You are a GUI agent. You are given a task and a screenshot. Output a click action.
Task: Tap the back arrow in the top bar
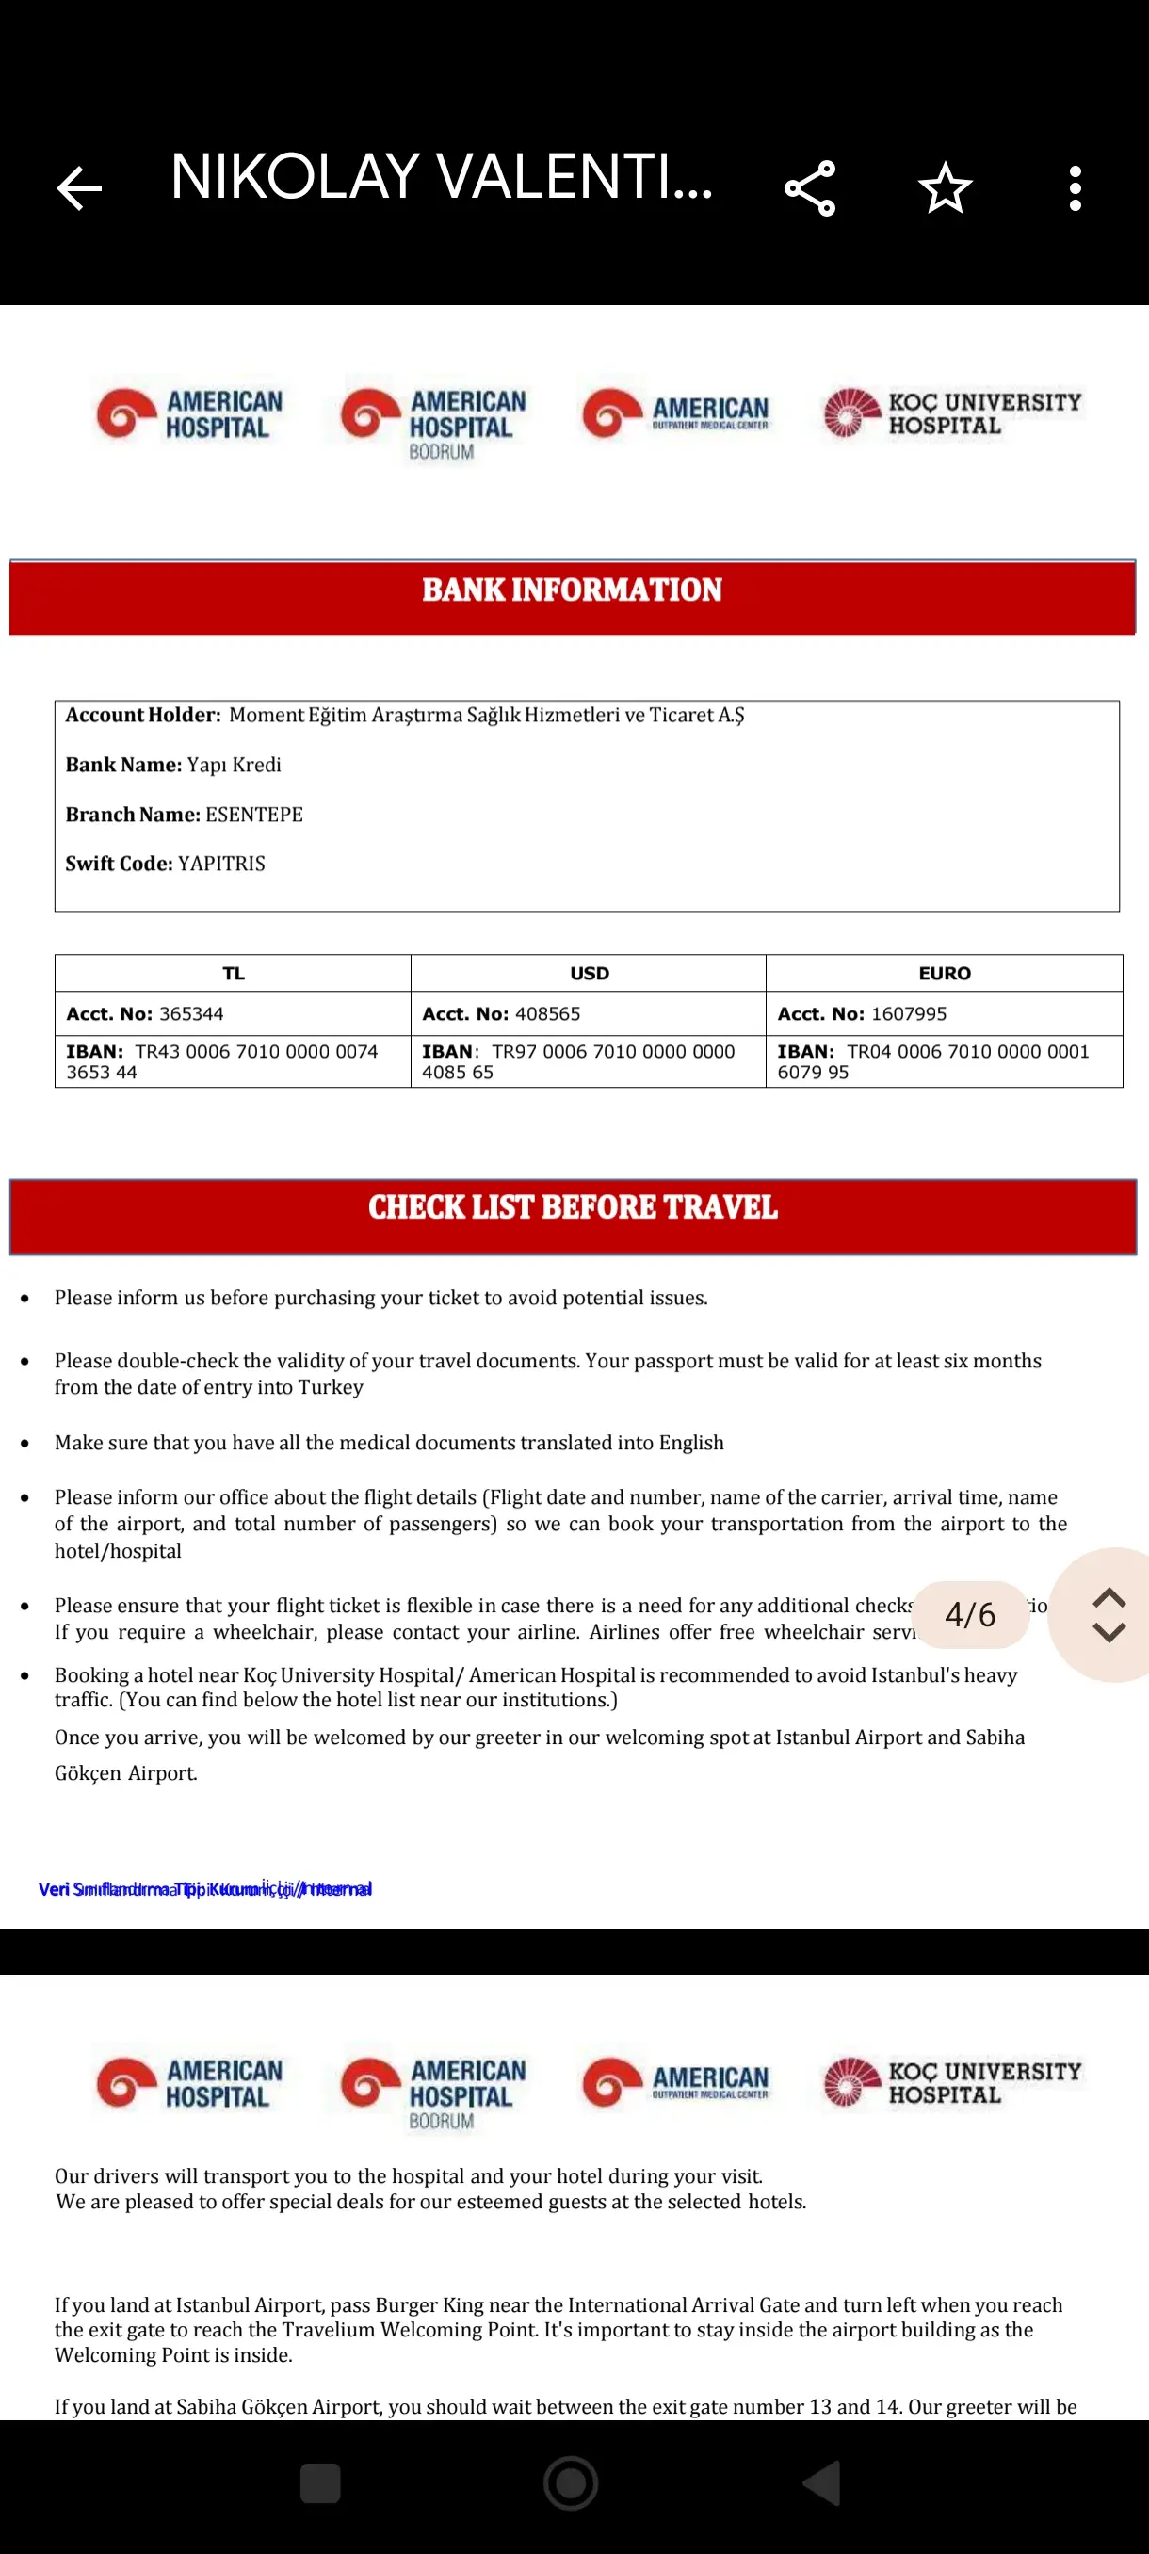coord(79,188)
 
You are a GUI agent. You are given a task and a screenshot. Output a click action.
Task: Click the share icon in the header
coord(810,188)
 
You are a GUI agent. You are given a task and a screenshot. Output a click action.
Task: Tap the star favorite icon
coord(945,188)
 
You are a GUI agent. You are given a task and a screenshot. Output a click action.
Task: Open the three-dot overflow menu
coord(1075,188)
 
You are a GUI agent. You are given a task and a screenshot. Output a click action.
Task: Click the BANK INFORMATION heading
coord(572,590)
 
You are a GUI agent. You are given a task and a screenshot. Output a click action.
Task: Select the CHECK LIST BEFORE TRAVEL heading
coord(572,1207)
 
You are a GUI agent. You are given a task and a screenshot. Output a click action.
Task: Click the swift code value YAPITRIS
coord(221,864)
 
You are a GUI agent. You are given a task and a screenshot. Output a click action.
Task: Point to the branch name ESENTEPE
coord(253,815)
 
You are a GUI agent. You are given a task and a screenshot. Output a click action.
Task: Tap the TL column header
coord(233,974)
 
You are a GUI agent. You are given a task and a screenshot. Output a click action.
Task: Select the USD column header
coord(589,974)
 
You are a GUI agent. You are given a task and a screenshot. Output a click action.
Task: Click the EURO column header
coord(944,974)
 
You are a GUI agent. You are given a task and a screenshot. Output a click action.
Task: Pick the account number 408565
coord(547,1014)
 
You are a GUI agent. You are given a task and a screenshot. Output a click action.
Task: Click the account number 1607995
coord(908,1014)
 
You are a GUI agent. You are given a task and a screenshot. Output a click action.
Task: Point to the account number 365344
coord(191,1014)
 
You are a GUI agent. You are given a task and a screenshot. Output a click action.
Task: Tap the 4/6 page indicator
coord(969,1615)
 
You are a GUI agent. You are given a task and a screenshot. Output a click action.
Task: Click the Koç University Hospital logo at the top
coord(952,413)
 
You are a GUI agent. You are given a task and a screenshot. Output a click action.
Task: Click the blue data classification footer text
coord(205,1889)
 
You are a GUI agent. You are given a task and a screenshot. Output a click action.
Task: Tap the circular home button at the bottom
coord(571,2483)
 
